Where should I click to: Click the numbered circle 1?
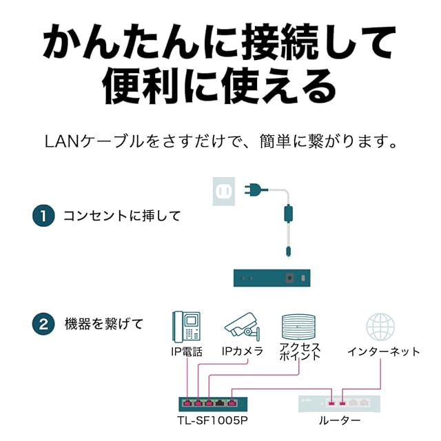point(43,216)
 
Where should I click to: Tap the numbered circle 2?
point(43,324)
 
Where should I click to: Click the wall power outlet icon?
point(224,192)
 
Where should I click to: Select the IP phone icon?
point(187,327)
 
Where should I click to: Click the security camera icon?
point(242,325)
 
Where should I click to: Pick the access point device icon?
point(298,327)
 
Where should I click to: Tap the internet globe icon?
point(380,327)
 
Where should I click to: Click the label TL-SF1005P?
point(213,420)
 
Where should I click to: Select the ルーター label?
point(340,421)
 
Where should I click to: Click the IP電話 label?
point(187,351)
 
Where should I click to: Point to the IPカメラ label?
point(243,351)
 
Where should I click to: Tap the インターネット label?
point(384,351)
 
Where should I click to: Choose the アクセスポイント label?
point(300,351)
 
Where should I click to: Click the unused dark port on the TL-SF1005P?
point(220,403)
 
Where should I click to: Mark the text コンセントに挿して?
point(122,216)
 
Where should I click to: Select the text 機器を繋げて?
point(104,324)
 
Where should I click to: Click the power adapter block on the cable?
point(288,214)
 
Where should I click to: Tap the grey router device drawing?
point(339,404)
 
